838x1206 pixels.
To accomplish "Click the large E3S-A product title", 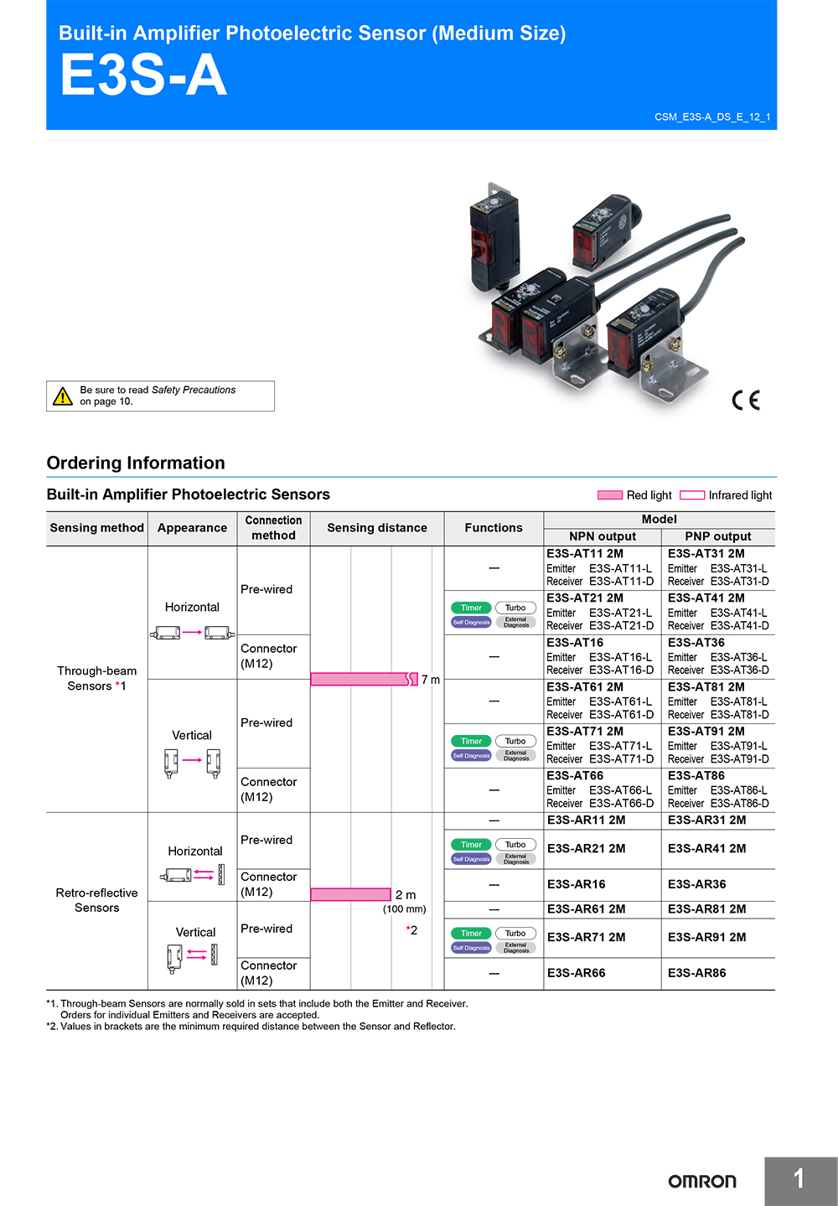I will click(143, 75).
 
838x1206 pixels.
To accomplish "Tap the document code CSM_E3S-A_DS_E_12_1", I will click(711, 117).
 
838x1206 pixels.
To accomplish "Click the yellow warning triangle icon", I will click(63, 396).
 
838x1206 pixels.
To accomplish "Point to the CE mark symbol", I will click(745, 401).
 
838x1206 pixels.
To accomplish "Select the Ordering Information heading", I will click(136, 463).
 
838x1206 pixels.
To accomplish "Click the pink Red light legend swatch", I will click(609, 495).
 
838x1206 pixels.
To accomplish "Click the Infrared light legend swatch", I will click(691, 495).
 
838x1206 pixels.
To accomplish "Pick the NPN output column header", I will click(602, 536).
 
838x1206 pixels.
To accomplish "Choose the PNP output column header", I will click(717, 536).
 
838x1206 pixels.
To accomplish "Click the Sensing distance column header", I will click(376, 528).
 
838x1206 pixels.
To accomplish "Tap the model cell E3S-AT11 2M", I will click(585, 554).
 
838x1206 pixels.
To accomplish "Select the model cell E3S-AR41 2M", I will click(706, 848).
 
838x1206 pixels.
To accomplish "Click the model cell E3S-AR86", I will click(696, 973).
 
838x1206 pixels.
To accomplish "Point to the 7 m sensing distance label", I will click(430, 680).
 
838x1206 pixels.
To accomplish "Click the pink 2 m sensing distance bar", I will click(350, 894).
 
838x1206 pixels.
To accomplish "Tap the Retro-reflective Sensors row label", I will click(96, 900).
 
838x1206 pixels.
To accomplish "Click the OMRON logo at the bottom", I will click(701, 1181).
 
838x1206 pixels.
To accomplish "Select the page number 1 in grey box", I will click(799, 1180).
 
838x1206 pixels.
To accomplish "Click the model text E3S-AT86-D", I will click(739, 804).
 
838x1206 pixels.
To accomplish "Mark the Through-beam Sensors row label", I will click(96, 678).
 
